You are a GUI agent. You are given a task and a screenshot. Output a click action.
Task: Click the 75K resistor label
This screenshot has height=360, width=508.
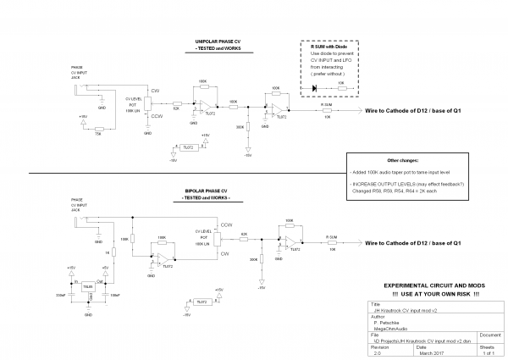tap(98, 133)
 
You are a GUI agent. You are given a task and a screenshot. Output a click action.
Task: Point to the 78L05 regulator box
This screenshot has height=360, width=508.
tap(87, 287)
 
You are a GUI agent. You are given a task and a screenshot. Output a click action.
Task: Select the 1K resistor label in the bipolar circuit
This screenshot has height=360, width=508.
tap(108, 252)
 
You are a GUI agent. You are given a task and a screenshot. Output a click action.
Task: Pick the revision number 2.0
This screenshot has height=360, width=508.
tap(377, 352)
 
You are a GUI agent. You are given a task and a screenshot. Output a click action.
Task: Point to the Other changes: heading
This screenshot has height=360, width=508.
tap(403, 159)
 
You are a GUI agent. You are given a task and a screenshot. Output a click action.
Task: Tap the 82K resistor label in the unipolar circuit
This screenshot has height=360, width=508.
tap(176, 108)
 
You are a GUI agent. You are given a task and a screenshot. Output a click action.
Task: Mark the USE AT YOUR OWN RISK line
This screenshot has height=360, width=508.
tap(432, 293)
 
